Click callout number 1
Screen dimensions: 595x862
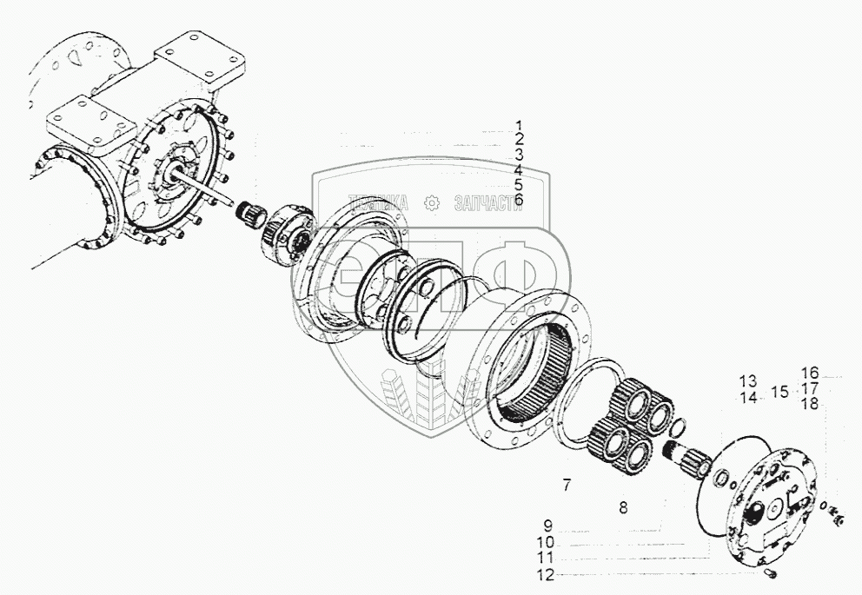click(518, 125)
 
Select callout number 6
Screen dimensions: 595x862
click(518, 200)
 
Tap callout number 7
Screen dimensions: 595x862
click(566, 486)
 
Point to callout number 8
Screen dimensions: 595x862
click(622, 506)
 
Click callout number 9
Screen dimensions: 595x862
click(549, 525)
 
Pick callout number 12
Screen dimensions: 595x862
click(544, 574)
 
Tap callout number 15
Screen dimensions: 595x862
click(780, 391)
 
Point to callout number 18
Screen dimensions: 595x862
click(810, 403)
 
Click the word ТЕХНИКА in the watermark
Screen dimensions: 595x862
click(377, 203)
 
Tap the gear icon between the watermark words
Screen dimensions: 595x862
click(429, 203)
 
